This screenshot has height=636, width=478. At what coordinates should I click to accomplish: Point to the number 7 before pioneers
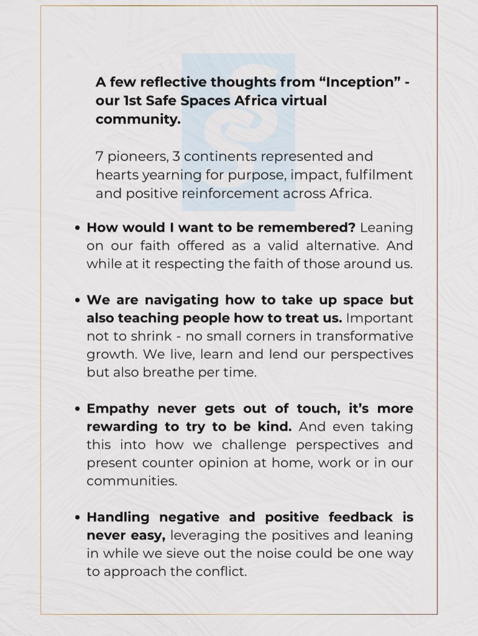tap(99, 156)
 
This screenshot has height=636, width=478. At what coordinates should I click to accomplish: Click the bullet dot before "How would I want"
tap(77, 228)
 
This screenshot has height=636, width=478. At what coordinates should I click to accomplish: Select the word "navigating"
tap(185, 300)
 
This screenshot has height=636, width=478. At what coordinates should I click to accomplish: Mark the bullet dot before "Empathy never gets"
tap(77, 410)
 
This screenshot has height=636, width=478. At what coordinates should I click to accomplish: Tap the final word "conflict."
tap(222, 571)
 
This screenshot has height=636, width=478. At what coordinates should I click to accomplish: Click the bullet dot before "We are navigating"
tap(77, 300)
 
